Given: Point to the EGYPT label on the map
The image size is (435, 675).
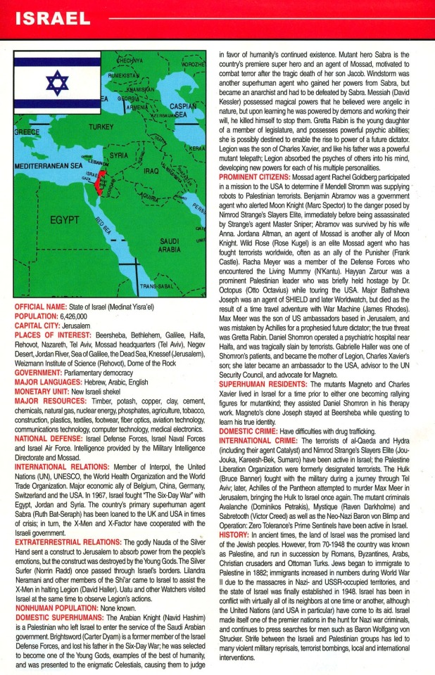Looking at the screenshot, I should pos(65,220).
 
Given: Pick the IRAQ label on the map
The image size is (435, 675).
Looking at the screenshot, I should pos(151,170).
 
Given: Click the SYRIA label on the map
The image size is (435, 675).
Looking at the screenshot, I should pos(119,155).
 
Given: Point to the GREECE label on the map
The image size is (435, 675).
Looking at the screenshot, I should pos(27,131).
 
